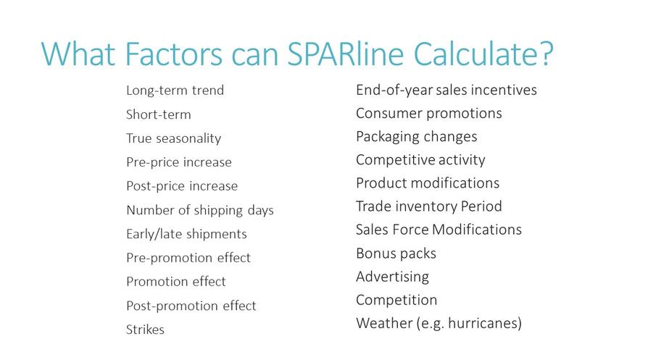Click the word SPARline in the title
(x=345, y=54)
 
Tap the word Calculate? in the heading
(x=483, y=54)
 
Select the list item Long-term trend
(x=175, y=90)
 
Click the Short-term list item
(x=158, y=114)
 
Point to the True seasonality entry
(x=173, y=138)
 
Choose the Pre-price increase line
(x=179, y=162)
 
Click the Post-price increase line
(x=182, y=186)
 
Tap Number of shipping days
(x=200, y=210)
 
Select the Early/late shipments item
(x=186, y=234)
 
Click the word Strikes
(x=145, y=330)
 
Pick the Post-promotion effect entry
(x=191, y=306)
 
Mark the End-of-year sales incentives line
(x=446, y=90)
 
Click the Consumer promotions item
(x=429, y=113)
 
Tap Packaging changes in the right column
(x=417, y=137)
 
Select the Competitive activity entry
(x=420, y=160)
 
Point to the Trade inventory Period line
(x=429, y=206)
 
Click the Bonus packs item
(x=396, y=253)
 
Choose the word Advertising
(x=393, y=277)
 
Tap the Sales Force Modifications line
(x=439, y=230)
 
